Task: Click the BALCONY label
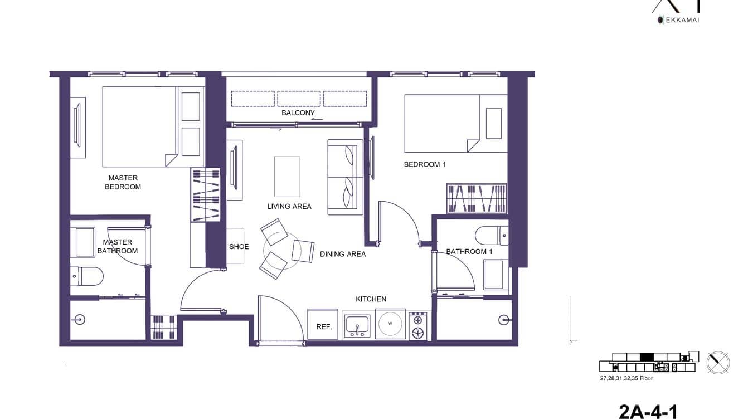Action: (x=298, y=113)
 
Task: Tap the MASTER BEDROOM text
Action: (x=123, y=182)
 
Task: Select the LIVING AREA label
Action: (x=289, y=206)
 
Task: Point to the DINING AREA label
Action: (x=343, y=254)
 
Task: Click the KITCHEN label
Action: (x=371, y=299)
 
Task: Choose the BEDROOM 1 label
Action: (x=425, y=164)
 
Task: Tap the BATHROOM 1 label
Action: (x=469, y=251)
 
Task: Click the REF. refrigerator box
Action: (x=323, y=325)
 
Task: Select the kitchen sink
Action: (x=357, y=325)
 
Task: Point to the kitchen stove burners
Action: (x=417, y=326)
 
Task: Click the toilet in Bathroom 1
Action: (x=492, y=235)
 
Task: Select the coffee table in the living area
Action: (x=287, y=176)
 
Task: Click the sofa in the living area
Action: (x=345, y=177)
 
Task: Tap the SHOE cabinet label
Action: (x=239, y=247)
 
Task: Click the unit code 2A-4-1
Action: (x=648, y=411)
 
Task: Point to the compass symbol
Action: (x=718, y=363)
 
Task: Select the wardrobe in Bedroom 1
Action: (x=477, y=199)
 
